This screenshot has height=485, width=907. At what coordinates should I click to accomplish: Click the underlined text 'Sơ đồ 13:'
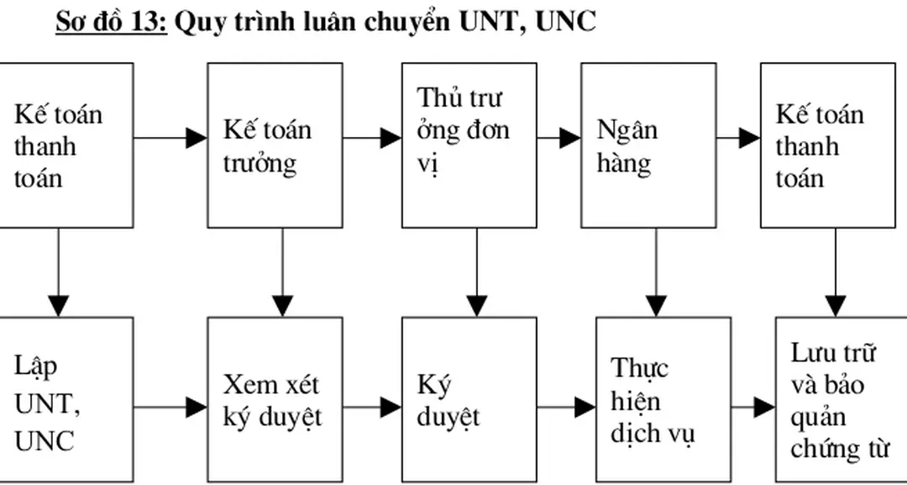pyautogui.click(x=112, y=22)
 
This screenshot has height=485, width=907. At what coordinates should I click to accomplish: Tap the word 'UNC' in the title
pyautogui.click(x=566, y=22)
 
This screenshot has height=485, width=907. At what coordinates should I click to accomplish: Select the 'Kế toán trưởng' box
pyautogui.click(x=275, y=145)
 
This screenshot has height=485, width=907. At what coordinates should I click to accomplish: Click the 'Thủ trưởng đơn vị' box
pyautogui.click(x=469, y=145)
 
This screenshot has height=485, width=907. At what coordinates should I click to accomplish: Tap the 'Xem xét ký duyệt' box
pyautogui.click(x=275, y=398)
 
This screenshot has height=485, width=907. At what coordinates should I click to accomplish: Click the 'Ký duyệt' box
pyautogui.click(x=469, y=398)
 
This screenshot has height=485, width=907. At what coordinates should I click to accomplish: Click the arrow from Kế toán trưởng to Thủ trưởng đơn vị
pyautogui.click(x=372, y=138)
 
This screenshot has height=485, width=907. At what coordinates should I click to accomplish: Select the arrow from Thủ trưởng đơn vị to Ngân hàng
pyautogui.click(x=558, y=138)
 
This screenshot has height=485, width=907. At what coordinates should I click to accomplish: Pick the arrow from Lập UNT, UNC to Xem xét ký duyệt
pyautogui.click(x=170, y=408)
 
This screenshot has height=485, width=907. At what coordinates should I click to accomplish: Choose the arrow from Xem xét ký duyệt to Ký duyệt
pyautogui.click(x=372, y=408)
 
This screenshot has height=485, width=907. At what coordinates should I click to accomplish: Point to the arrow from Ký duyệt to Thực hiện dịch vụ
pyautogui.click(x=566, y=408)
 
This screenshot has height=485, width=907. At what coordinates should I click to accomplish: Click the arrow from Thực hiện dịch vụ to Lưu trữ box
pyautogui.click(x=752, y=408)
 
